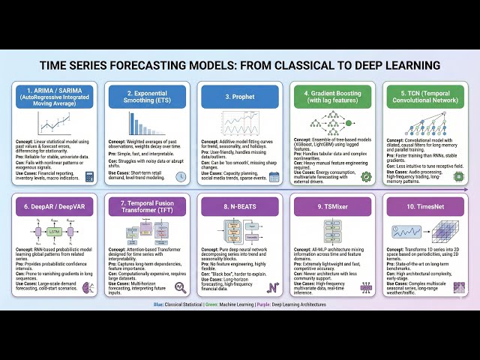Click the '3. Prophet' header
coord(240,96)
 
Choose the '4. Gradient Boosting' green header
coord(332,96)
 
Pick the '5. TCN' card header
coord(424,96)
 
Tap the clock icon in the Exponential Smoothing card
coord(181,177)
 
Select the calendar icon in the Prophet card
coord(274,177)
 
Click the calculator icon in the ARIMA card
coord(90,177)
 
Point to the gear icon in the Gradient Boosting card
coord(366,177)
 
